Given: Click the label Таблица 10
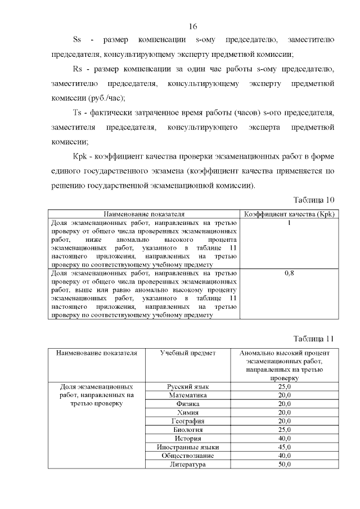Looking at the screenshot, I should point(314,200).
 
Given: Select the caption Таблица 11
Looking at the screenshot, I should point(314,339).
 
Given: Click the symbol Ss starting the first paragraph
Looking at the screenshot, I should point(78,40).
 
